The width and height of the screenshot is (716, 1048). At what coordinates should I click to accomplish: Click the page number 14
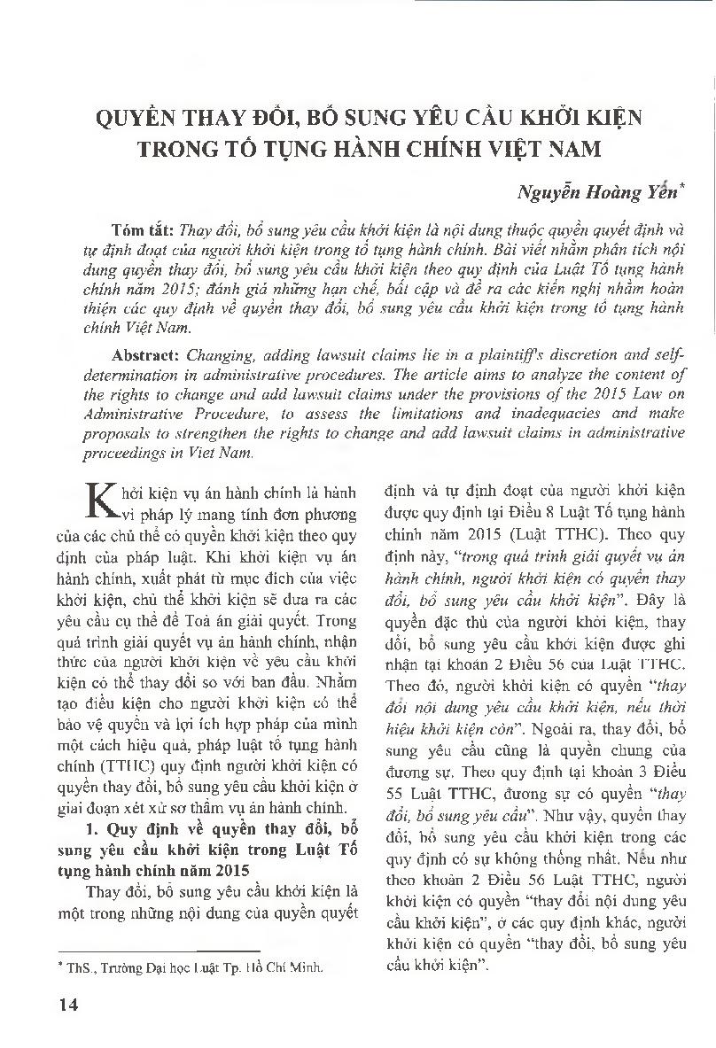click(x=67, y=1005)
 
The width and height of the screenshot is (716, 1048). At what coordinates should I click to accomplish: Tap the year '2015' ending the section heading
click(x=228, y=869)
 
